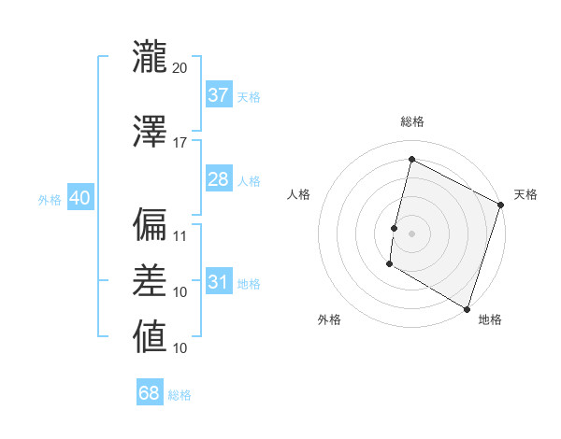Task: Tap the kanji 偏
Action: [x=150, y=224]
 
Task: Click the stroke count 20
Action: [x=180, y=67]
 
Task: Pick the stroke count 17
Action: [x=180, y=142]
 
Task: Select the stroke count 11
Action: [x=180, y=235]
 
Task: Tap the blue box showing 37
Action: [x=218, y=95]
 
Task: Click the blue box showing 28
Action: [x=218, y=179]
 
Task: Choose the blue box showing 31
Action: [x=218, y=282]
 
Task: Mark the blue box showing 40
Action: [x=79, y=198]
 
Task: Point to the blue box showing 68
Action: [x=150, y=393]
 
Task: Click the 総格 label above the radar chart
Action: [x=411, y=121]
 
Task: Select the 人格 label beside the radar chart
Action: [x=299, y=194]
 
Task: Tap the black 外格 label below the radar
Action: [x=329, y=319]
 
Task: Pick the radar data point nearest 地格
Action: [x=467, y=307]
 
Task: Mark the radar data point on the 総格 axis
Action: [x=411, y=160]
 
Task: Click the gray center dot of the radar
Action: [x=411, y=233]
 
